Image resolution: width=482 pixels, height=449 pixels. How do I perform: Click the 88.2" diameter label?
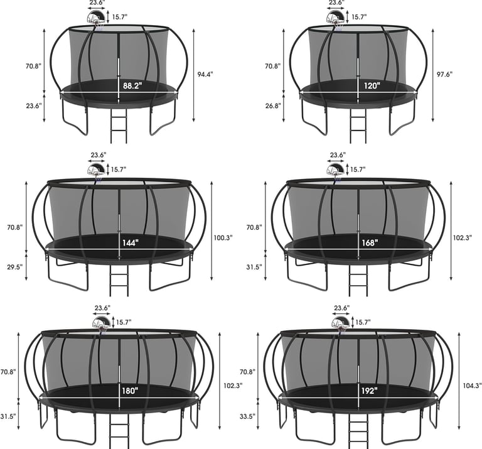132,85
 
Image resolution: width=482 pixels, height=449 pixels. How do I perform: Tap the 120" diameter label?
372,85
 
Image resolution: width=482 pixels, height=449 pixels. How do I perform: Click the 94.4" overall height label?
205,74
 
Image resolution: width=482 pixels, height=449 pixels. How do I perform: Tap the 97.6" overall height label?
444,74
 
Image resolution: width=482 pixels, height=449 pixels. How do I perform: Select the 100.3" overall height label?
223,237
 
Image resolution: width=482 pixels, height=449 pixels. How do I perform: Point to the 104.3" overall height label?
472,385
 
